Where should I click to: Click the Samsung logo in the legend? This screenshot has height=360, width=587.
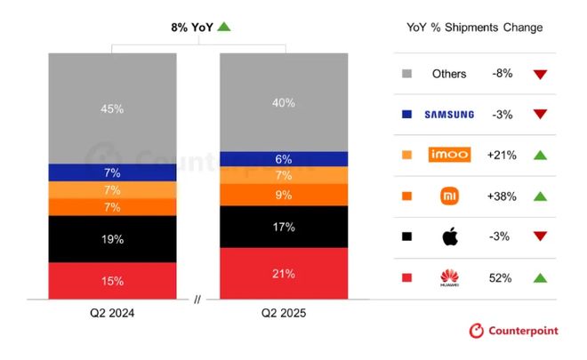448,115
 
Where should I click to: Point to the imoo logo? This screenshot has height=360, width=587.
448,155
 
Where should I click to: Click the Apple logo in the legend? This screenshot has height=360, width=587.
448,237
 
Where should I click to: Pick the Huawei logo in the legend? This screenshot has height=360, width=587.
448,278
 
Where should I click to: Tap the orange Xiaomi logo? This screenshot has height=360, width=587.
448,196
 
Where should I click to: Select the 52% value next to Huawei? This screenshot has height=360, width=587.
500,278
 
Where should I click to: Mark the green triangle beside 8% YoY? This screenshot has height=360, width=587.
224,27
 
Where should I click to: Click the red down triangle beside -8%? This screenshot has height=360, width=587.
540,74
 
